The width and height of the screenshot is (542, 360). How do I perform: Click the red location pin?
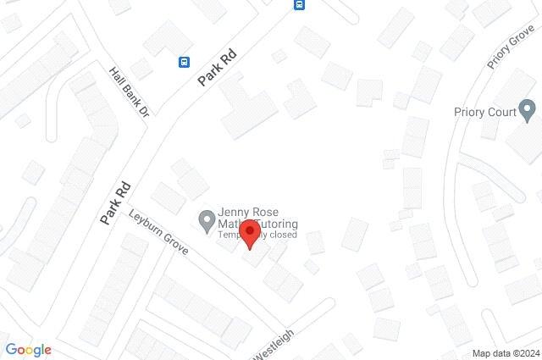click(x=248, y=232)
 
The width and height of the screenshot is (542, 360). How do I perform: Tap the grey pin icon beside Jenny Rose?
click(x=206, y=222)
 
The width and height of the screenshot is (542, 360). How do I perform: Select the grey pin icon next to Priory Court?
click(x=528, y=109)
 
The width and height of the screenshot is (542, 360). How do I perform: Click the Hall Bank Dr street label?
click(x=129, y=92)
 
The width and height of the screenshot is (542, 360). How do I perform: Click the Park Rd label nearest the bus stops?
click(x=216, y=67)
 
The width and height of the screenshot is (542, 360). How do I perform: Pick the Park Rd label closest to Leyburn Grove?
click(x=116, y=202)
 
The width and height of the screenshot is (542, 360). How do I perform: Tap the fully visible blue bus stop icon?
click(x=184, y=61)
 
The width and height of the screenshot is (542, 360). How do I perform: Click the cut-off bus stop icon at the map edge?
click(x=299, y=4)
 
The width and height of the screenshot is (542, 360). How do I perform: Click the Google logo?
click(x=28, y=350)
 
